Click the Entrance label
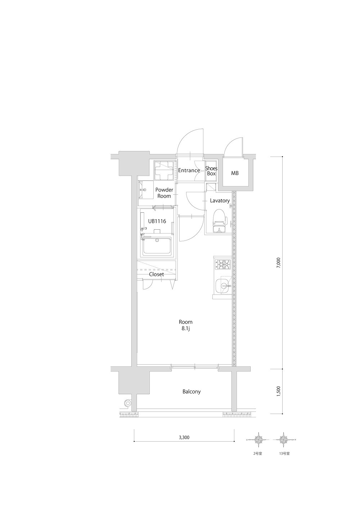pos(189,170)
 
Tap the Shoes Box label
pos(211,171)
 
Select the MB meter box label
pos(235,173)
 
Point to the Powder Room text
pos(164,193)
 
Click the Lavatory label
pos(220,201)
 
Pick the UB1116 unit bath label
pos(157,221)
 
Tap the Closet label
pos(156,274)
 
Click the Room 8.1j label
pos(186,325)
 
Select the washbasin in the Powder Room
pos(143,190)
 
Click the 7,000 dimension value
pos(279,262)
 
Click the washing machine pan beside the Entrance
pos(164,171)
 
